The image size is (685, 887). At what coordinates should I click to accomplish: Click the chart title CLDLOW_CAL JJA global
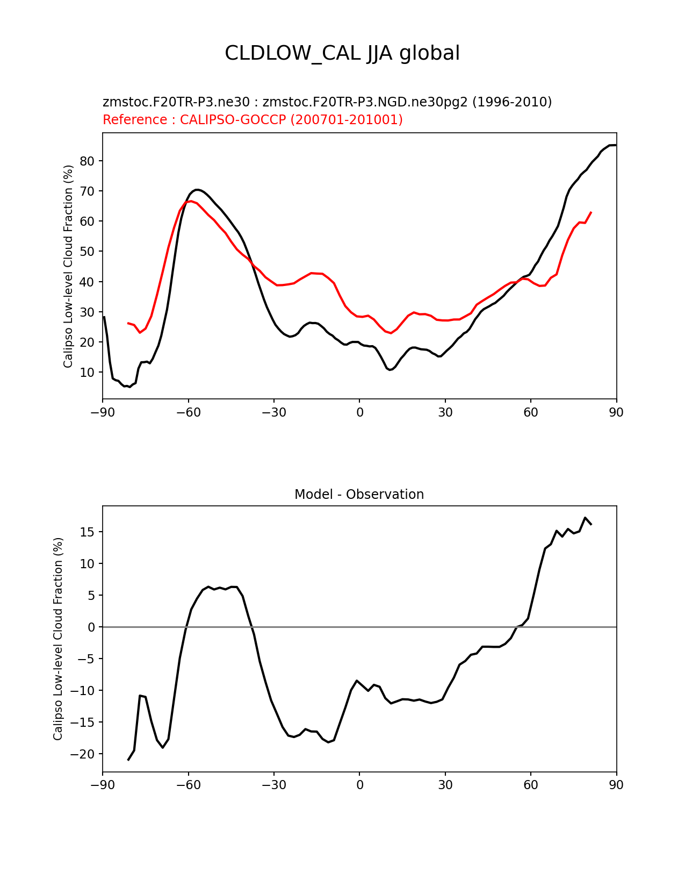coord(342,54)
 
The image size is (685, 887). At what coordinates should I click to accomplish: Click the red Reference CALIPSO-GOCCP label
coord(253,120)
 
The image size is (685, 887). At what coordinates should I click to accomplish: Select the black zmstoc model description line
coord(327,102)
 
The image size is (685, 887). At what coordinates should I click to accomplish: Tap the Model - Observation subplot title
coord(359,495)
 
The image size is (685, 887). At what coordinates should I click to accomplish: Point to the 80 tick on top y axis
coord(88,161)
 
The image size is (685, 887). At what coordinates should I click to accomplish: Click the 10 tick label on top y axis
coord(88,373)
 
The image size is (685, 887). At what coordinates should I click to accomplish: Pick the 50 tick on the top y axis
coord(88,252)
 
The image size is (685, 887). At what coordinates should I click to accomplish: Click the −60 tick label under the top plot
coord(188,412)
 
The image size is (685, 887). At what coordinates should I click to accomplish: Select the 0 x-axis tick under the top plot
coord(359,412)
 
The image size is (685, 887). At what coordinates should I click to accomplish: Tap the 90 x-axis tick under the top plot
coord(616,412)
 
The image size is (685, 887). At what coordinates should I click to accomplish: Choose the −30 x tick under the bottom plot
coord(273,785)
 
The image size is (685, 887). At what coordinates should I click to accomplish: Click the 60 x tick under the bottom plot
coord(531,785)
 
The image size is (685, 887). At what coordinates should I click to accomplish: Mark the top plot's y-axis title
coord(68,266)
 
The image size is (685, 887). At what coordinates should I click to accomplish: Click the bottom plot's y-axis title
coord(58,639)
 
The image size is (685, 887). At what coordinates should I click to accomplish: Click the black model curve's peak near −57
coord(197,190)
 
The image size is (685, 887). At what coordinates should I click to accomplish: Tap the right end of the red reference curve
coord(591,212)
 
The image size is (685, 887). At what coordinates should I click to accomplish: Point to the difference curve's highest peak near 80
coord(585,518)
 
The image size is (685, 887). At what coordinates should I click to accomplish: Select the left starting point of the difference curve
coord(128,760)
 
